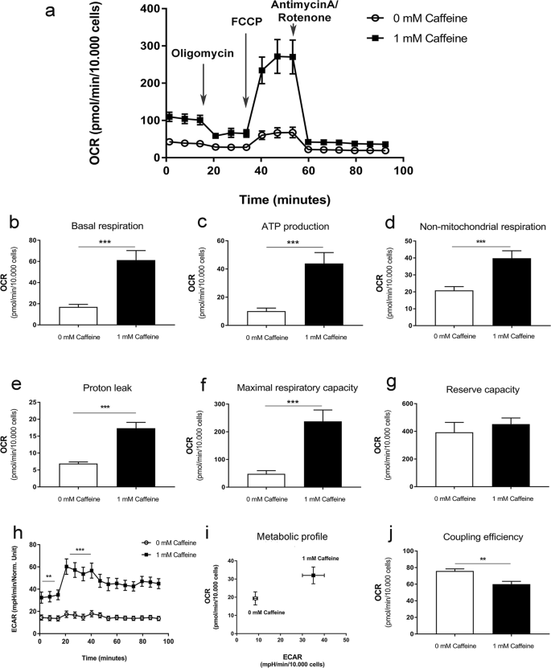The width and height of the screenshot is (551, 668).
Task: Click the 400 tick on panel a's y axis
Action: click(x=150, y=8)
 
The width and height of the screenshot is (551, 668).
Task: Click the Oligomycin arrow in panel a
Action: click(x=204, y=84)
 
